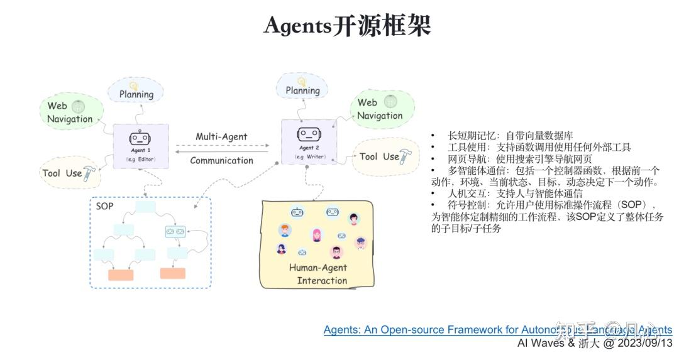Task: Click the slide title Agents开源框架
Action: pyautogui.click(x=347, y=26)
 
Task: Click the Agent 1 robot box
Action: pyautogui.click(x=141, y=146)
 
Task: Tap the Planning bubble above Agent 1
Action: pyautogui.click(x=136, y=92)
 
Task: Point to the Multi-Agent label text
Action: pyautogui.click(x=221, y=136)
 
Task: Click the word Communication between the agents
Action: pyautogui.click(x=221, y=160)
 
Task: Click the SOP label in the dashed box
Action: pyautogui.click(x=104, y=206)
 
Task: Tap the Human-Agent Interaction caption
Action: pyautogui.click(x=318, y=274)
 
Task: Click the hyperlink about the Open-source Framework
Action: pyautogui.click(x=497, y=330)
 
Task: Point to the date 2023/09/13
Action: pyautogui.click(x=646, y=343)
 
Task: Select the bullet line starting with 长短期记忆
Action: pyautogui.click(x=510, y=136)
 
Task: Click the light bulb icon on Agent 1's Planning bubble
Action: pyautogui.click(x=133, y=85)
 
